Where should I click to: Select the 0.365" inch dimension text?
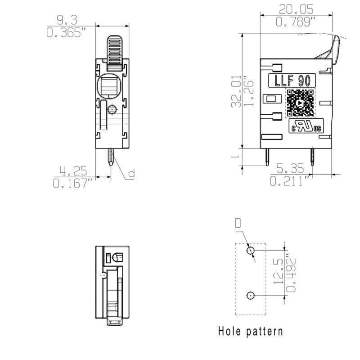tap(67, 33)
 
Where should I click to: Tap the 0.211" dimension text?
tap(290, 181)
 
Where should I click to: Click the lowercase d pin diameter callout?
tap(131, 173)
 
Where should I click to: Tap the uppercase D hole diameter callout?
tap(238, 223)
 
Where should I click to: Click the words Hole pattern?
tap(251, 332)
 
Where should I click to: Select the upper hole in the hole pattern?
tap(251, 250)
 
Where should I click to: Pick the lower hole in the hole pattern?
tap(251, 295)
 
